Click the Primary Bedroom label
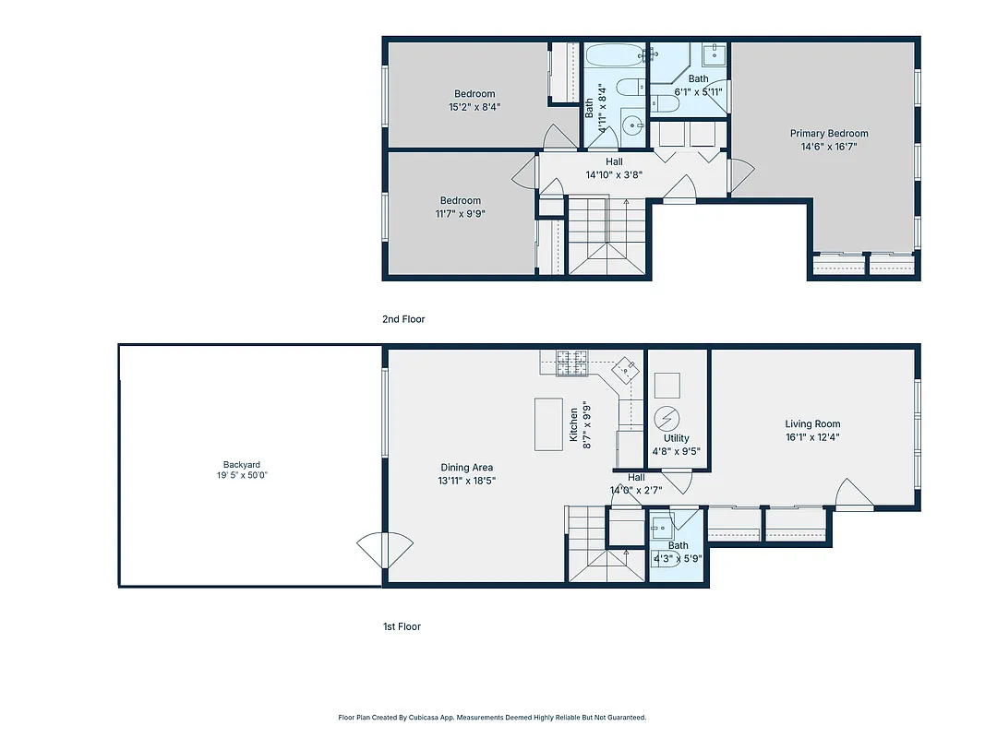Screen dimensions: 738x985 click(828, 133)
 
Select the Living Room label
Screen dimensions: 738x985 click(812, 424)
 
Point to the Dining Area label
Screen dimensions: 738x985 click(466, 468)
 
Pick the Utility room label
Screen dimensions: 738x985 click(676, 439)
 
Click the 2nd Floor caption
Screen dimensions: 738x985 click(403, 319)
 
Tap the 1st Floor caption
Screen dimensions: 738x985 click(402, 626)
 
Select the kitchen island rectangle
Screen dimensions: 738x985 click(548, 424)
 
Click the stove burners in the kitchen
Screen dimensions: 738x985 click(571, 363)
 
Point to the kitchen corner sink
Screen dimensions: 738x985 click(626, 371)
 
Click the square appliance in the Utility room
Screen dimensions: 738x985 click(667, 384)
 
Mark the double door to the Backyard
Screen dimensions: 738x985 click(384, 551)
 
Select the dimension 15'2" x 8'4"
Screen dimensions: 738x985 click(474, 106)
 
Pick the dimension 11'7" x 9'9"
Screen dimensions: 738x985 click(460, 213)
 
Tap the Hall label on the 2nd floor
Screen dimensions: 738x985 click(613, 162)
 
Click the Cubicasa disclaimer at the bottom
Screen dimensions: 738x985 click(492, 717)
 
